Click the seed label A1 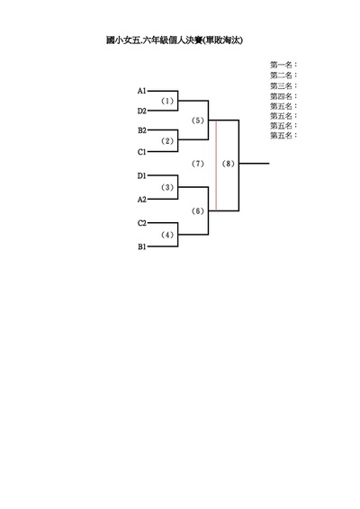pos(141,91)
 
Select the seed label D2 pos(141,111)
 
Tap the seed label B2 pos(142,130)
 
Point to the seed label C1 pos(142,152)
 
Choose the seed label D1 pos(141,176)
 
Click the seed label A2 pos(142,200)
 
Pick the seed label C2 pos(142,223)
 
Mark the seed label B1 pos(142,246)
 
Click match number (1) pos(167,101)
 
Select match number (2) pos(167,141)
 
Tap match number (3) pos(167,187)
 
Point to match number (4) pos(167,235)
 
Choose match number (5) pos(197,121)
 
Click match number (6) pos(197,211)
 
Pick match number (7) pos(197,164)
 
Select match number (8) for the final pos(228,164)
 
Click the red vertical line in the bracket pos(216,165)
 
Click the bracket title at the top pos(175,40)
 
